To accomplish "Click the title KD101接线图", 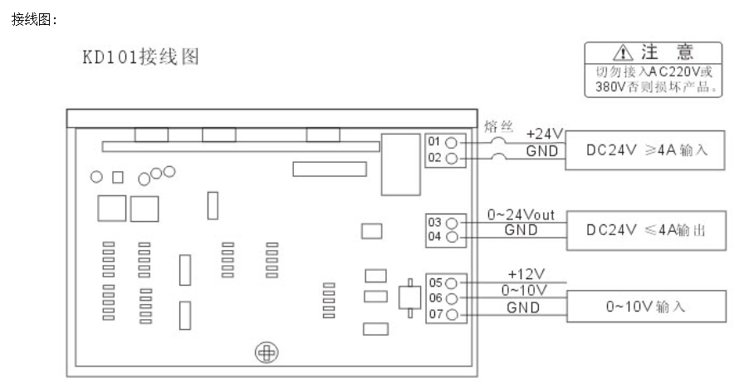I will (139, 59).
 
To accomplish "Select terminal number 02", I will (433, 157).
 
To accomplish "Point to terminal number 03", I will (433, 223).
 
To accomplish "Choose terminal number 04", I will (433, 238).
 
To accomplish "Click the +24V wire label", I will (545, 134).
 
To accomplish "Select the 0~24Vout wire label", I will (521, 215).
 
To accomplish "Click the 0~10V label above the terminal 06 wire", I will (525, 290).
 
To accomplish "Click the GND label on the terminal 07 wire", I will (523, 307).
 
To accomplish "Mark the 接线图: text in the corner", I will (34, 19).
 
